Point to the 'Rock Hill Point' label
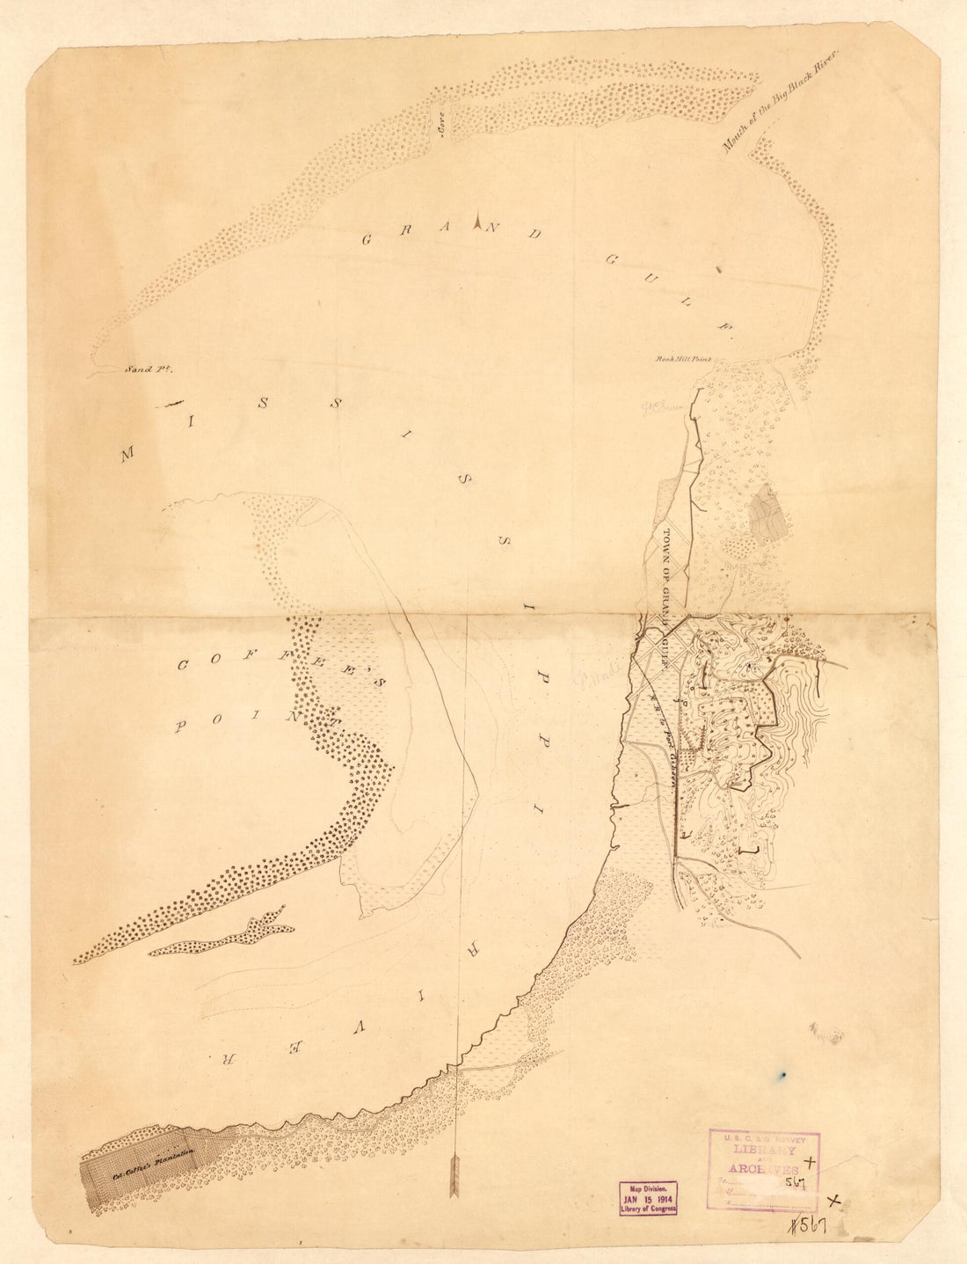(x=683, y=360)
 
